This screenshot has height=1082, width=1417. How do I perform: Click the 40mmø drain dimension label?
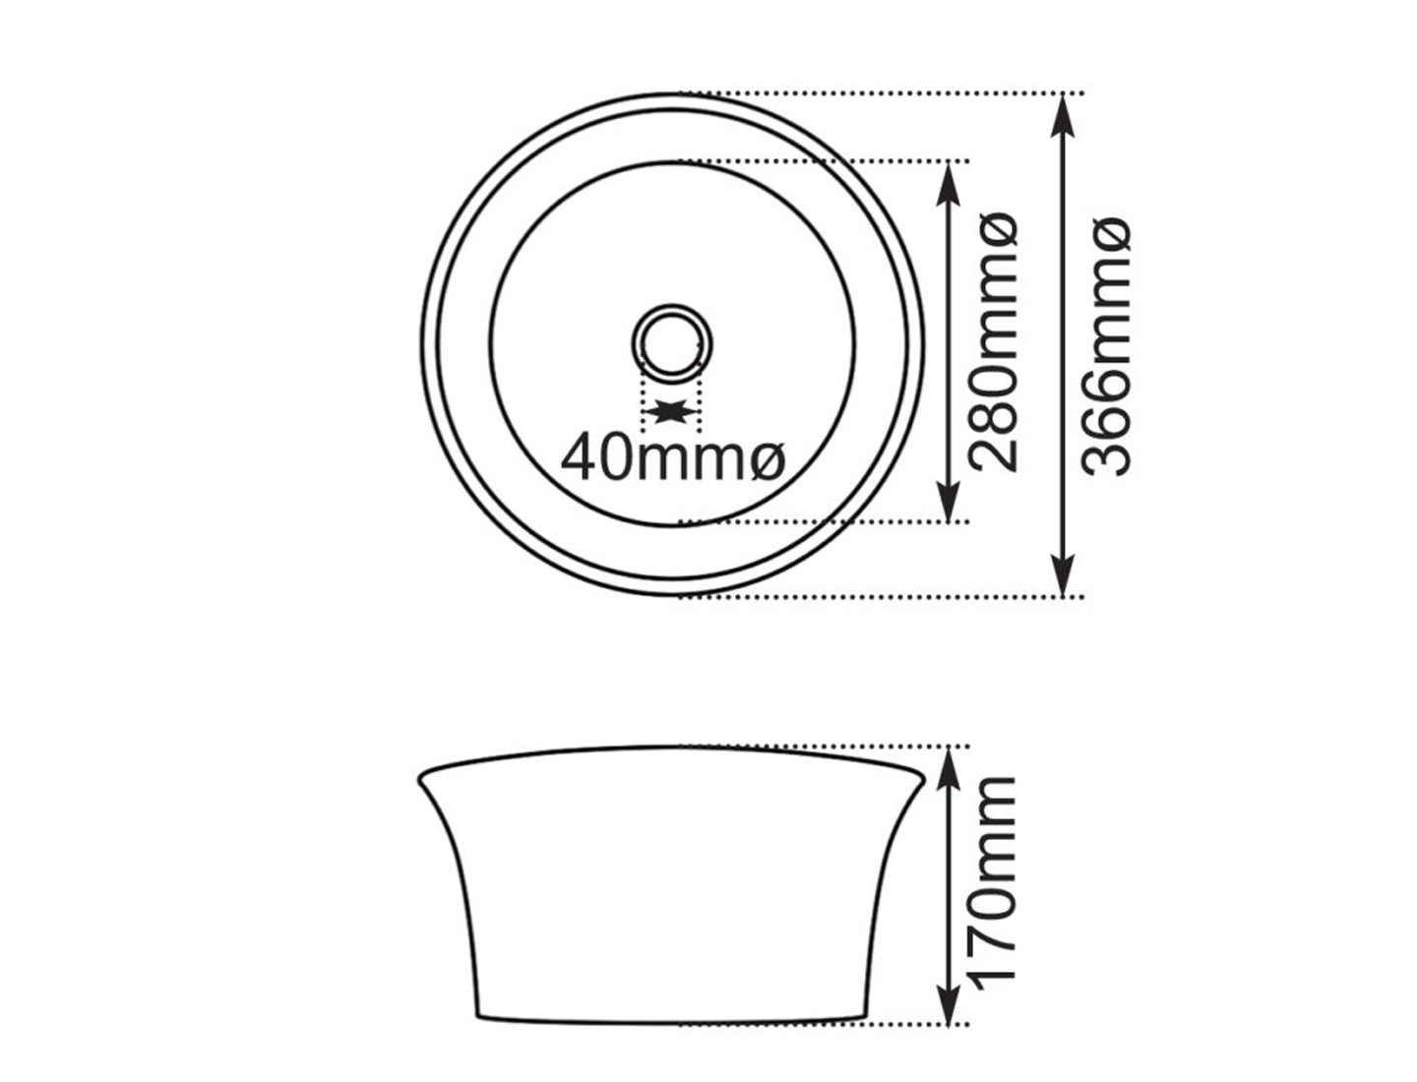click(x=673, y=457)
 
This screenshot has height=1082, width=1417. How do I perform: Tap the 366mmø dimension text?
click(x=1106, y=346)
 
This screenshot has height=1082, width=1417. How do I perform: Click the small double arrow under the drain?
click(x=672, y=411)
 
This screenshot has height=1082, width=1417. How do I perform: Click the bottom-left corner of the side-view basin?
click(x=478, y=1015)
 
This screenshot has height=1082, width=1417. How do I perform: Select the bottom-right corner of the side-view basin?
click(x=866, y=1015)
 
